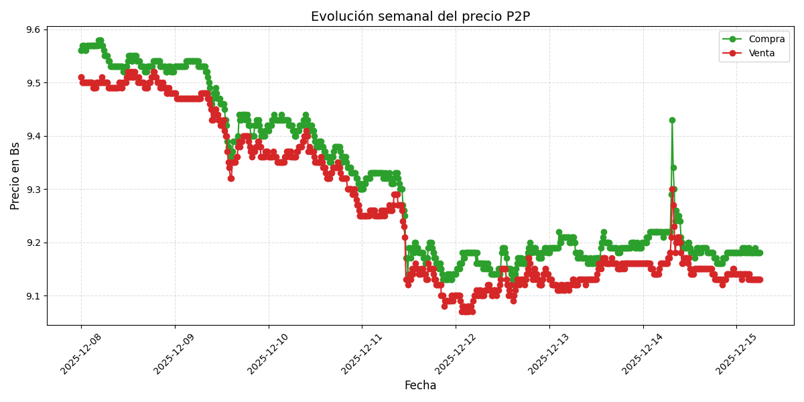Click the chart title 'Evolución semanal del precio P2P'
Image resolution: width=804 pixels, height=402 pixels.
(x=420, y=16)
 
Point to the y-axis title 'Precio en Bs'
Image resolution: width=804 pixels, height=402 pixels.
(x=15, y=176)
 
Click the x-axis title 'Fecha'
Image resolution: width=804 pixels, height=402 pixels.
(x=420, y=386)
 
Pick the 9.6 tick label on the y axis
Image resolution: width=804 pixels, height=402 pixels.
(x=32, y=29)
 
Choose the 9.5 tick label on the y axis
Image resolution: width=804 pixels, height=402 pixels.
(x=32, y=83)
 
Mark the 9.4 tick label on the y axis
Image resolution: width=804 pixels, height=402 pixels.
(x=32, y=136)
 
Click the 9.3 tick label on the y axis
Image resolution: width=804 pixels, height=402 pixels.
(x=32, y=190)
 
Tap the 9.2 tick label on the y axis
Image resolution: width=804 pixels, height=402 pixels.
(x=32, y=243)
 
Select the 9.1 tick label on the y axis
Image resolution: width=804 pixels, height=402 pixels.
(x=32, y=296)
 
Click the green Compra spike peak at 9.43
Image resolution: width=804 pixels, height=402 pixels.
(x=672, y=121)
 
